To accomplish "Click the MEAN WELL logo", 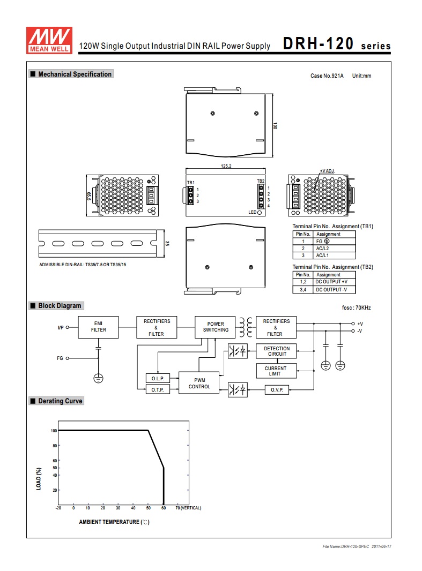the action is [49, 40].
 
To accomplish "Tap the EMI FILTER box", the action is [98, 327].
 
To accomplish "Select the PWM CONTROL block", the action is [199, 383].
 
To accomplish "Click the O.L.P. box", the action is [158, 378].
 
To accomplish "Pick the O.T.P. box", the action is [158, 389].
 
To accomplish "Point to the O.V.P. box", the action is [277, 389].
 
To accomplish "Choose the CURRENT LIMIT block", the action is [276, 371].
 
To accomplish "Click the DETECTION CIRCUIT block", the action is [276, 351].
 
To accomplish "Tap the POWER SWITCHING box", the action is [215, 327].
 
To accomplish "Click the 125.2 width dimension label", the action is [226, 166].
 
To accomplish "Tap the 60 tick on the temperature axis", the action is [164, 508].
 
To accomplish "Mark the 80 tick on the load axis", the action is [55, 446].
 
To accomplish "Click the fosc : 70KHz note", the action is [357, 307].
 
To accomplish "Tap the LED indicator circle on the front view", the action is [260, 212].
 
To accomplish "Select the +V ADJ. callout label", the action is [327, 171].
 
